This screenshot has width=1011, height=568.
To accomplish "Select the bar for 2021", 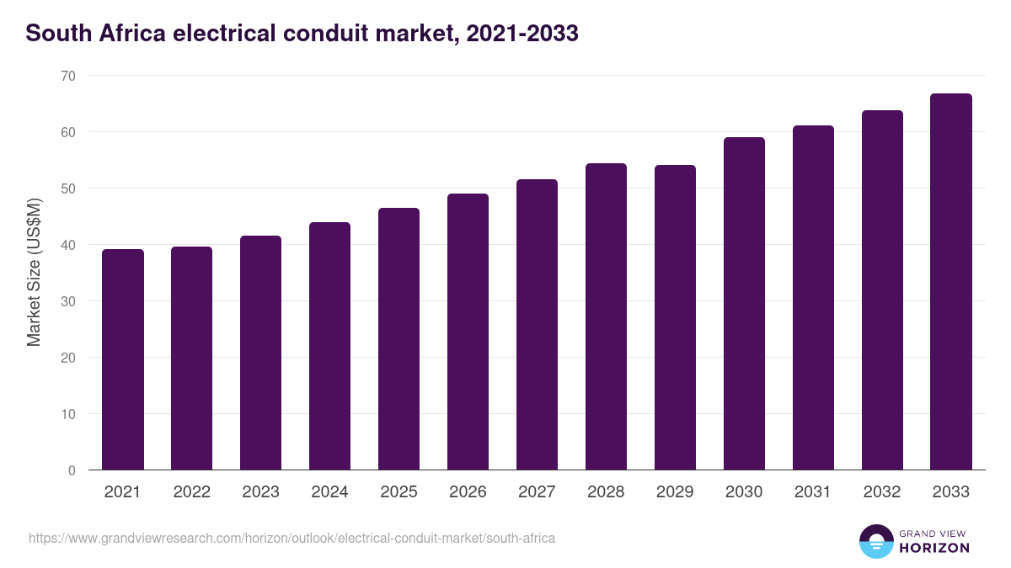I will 122,359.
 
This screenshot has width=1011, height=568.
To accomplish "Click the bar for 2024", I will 329,346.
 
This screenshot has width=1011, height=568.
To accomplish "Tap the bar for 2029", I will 675,317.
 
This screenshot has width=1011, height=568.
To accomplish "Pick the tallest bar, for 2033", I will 951,282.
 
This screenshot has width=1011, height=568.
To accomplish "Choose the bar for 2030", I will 744,303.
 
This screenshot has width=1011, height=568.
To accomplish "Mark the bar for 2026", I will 468,332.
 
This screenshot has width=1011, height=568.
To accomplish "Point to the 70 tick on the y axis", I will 67,76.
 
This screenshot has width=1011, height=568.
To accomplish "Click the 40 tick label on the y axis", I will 67,245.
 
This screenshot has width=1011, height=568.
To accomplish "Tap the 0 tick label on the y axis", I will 72,470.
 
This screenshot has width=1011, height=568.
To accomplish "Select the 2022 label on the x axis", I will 191,492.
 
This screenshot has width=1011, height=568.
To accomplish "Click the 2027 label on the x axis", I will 537,492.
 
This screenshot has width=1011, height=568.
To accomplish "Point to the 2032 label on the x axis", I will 882,492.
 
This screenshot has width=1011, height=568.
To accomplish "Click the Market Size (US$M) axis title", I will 34,272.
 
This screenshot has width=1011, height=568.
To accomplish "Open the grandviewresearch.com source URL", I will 292,538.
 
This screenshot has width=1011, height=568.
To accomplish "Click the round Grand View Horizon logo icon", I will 876,541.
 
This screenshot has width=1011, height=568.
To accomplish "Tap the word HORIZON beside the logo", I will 933,548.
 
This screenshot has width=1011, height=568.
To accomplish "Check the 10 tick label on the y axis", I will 67,414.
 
